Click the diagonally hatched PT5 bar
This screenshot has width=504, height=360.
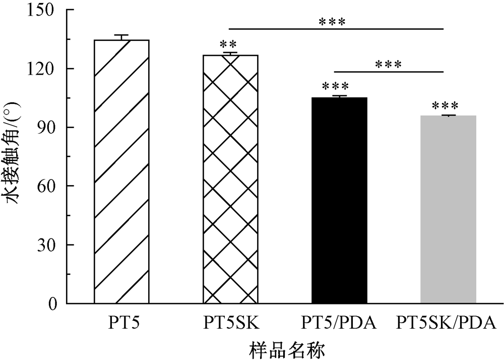click(x=121, y=171)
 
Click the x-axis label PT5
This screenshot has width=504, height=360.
click(x=121, y=321)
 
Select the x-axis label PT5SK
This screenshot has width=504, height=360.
click(x=230, y=321)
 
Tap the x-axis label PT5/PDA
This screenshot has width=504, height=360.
click(x=339, y=321)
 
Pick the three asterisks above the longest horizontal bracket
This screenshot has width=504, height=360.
click(x=332, y=22)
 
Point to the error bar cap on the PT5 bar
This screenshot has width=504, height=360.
click(x=121, y=35)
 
